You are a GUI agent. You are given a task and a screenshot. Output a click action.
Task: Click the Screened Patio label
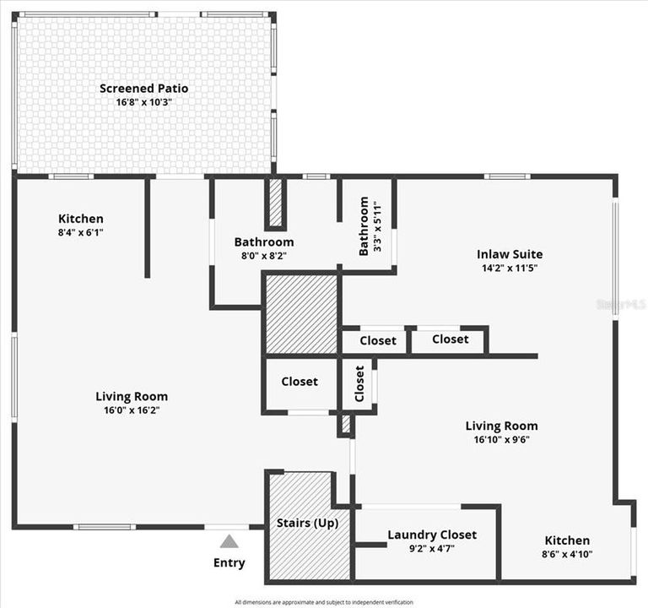[143, 88]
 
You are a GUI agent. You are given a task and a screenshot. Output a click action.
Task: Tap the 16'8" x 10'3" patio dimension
[143, 102]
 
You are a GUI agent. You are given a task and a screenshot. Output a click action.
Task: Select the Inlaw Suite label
[510, 254]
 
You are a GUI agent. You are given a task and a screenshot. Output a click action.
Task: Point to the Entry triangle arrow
[229, 541]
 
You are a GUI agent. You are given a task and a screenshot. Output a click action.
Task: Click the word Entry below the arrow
[229, 562]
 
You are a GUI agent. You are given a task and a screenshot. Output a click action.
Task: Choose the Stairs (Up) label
[307, 523]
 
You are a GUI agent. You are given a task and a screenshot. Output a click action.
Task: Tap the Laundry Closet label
[431, 535]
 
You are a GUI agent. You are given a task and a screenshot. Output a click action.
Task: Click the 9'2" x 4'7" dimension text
[431, 549]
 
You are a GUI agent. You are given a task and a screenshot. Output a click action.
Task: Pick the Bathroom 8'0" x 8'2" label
[264, 242]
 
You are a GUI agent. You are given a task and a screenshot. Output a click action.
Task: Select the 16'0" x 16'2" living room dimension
[131, 410]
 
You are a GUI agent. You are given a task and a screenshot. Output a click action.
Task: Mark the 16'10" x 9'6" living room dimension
[501, 439]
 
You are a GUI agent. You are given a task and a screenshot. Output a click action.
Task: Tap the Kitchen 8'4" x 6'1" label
[81, 219]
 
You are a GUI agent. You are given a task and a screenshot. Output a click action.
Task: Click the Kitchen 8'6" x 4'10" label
[567, 540]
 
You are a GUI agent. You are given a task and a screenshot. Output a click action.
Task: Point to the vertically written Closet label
[360, 383]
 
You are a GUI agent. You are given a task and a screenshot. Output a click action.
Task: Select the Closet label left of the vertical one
[300, 382]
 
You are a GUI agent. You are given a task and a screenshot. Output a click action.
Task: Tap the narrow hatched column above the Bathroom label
[275, 203]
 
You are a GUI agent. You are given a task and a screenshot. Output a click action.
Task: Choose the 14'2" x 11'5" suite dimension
[510, 269]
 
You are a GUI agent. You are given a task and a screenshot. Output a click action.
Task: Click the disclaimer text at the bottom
[324, 602]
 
